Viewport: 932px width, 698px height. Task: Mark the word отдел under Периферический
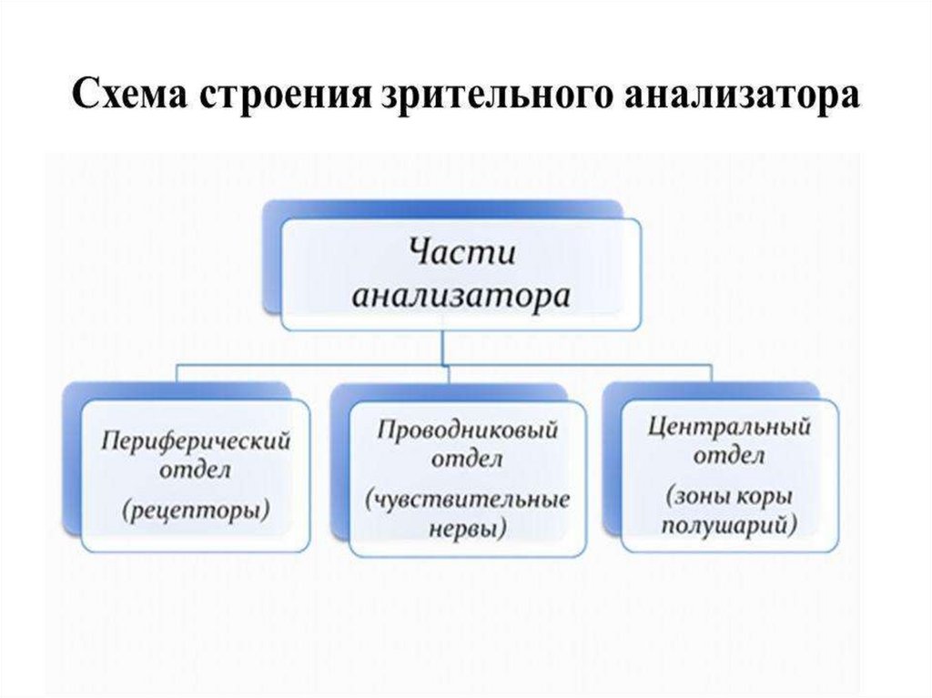(195, 471)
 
